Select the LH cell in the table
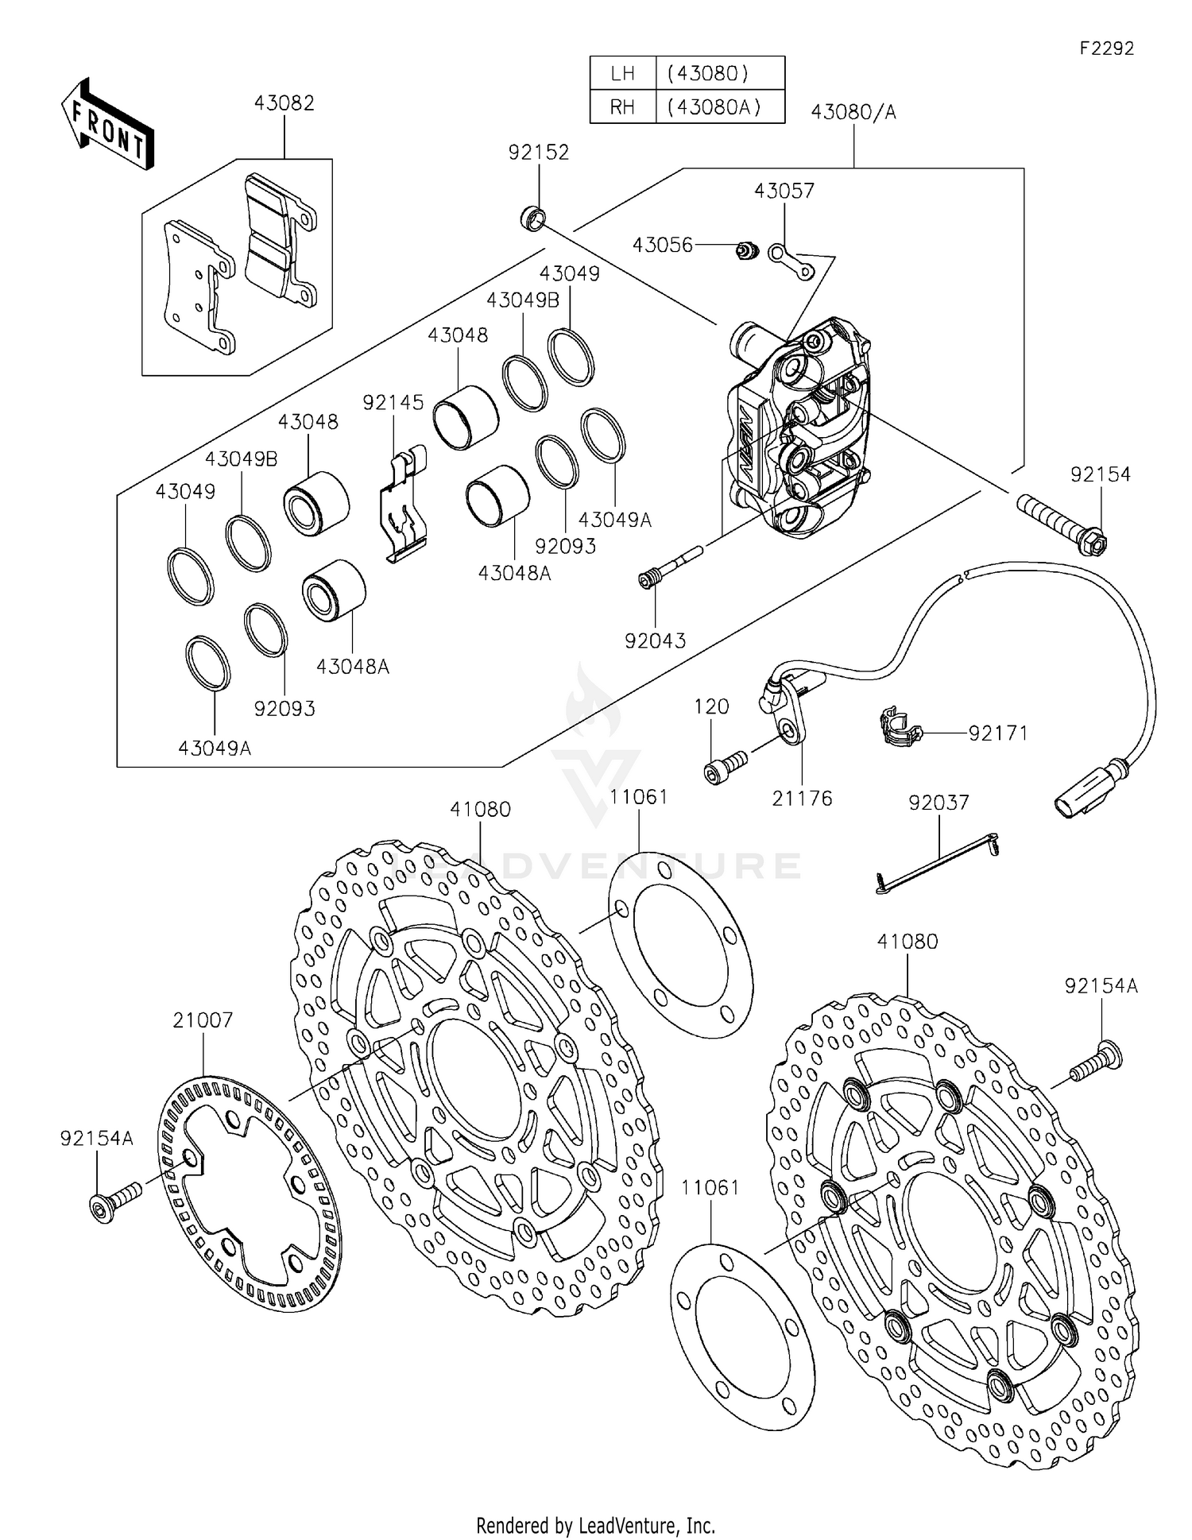[622, 74]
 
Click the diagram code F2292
[1106, 48]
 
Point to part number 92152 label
[539, 153]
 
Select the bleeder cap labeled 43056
[745, 252]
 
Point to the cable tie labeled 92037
[938, 863]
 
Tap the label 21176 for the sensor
[802, 798]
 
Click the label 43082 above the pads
[284, 103]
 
